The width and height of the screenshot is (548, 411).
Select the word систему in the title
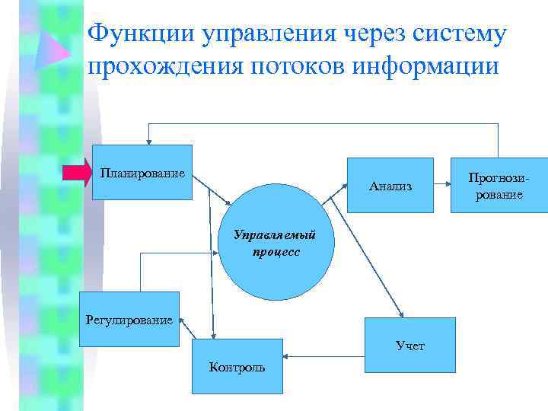point(458,34)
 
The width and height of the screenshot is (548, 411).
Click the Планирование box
point(142,172)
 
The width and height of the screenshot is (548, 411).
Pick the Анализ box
point(390,185)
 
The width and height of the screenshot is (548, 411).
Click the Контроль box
point(237,367)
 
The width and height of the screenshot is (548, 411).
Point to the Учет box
point(410,346)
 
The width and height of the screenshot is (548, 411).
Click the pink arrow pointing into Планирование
point(77,174)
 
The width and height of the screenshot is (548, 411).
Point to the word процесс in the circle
point(276,250)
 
